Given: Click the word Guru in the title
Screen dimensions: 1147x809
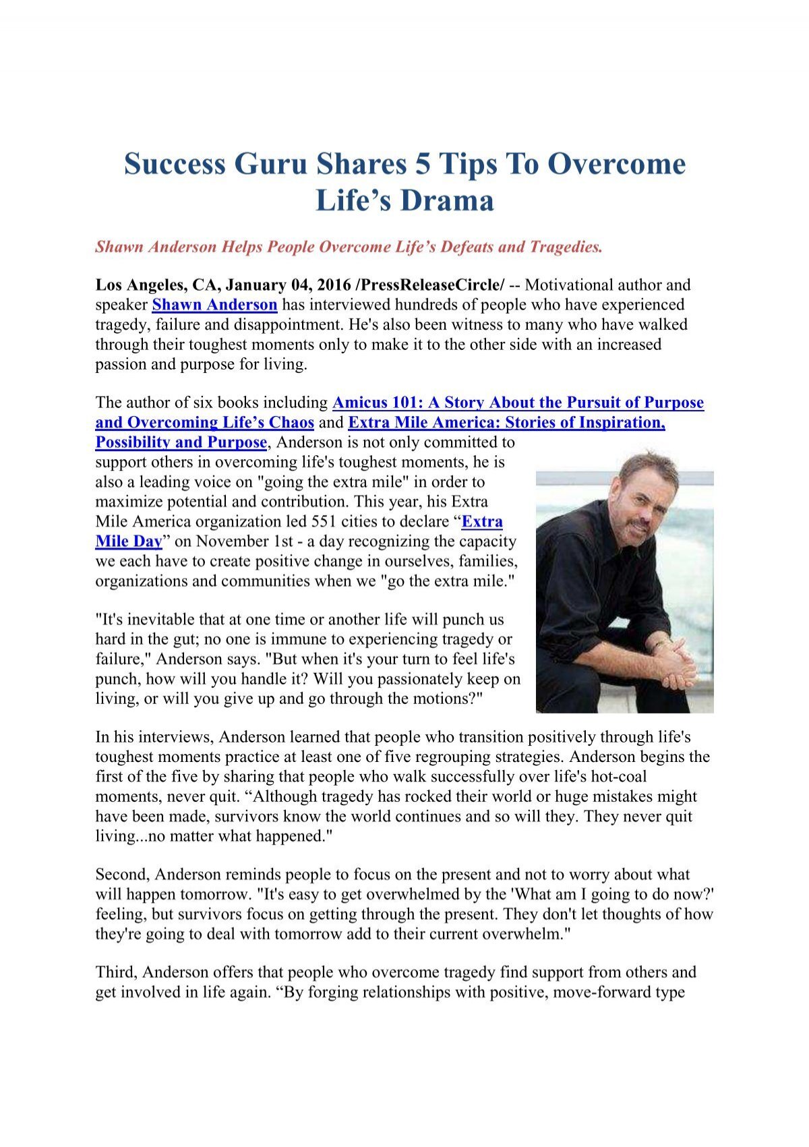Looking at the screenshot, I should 270,165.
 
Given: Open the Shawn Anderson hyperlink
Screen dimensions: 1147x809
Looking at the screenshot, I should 214,305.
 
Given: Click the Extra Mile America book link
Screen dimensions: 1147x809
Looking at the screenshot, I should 506,423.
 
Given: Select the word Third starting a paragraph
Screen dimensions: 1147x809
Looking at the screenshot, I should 116,972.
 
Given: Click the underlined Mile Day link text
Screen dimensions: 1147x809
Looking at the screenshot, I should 129,541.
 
